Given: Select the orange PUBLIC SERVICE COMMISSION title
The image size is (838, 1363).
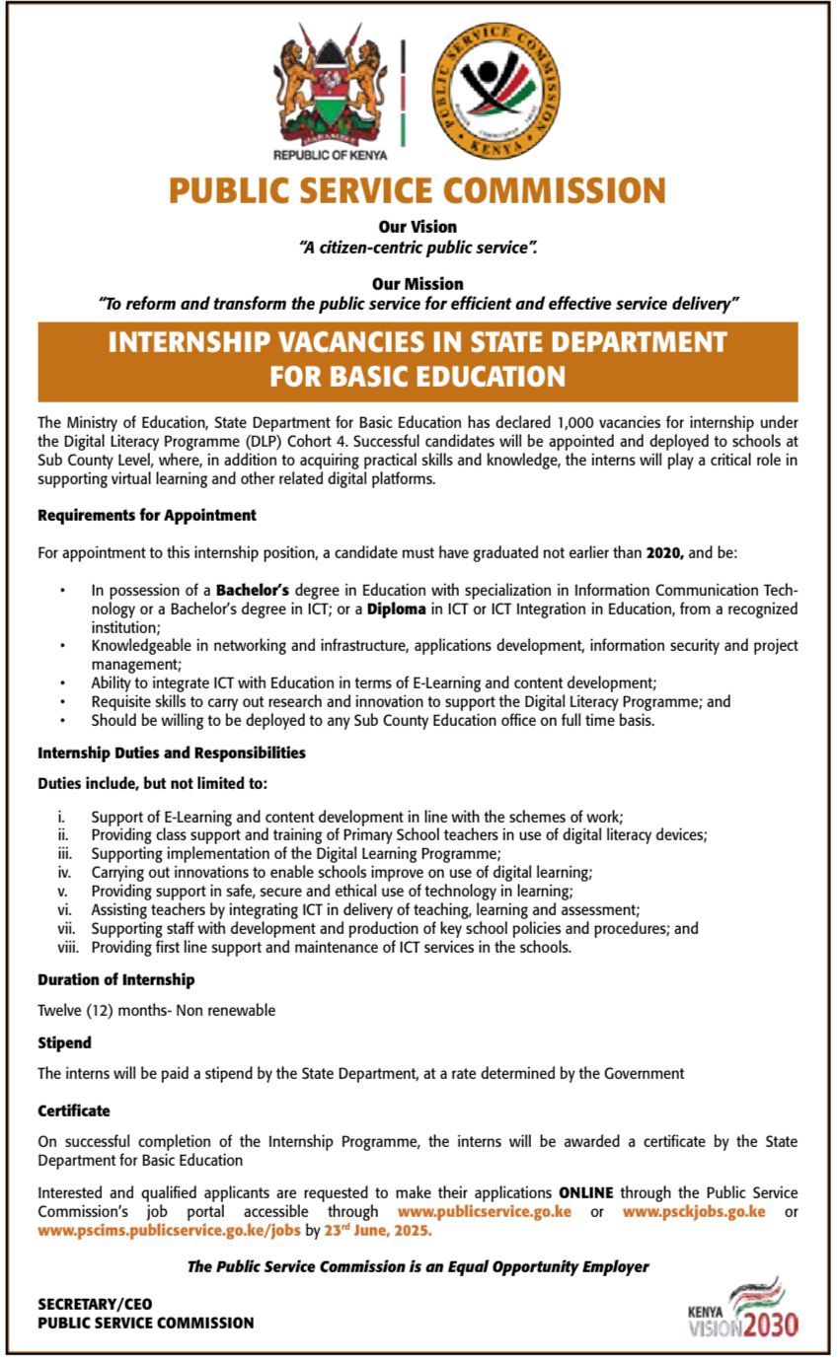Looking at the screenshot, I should pyautogui.click(x=418, y=189).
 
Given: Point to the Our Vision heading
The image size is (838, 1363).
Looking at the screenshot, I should pyautogui.click(x=418, y=227).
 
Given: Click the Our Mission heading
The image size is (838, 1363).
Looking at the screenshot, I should pyautogui.click(x=418, y=284).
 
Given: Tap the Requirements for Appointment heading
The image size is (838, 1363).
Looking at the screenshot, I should pyautogui.click(x=147, y=515).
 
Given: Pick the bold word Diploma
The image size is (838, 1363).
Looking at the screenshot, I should pyautogui.click(x=397, y=609).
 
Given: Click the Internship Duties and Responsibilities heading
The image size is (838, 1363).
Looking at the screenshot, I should pyautogui.click(x=172, y=753).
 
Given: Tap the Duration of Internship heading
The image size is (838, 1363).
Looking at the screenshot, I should pyautogui.click(x=116, y=980).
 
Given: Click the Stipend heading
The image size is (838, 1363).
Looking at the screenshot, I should pyautogui.click(x=64, y=1041).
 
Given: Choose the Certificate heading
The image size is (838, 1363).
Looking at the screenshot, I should pyautogui.click(x=74, y=1111).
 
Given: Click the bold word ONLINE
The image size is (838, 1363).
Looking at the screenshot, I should pyautogui.click(x=585, y=1192).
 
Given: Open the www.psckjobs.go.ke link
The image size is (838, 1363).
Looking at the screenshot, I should pyautogui.click(x=694, y=1211).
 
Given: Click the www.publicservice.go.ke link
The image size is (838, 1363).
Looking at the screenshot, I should pyautogui.click(x=484, y=1211).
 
